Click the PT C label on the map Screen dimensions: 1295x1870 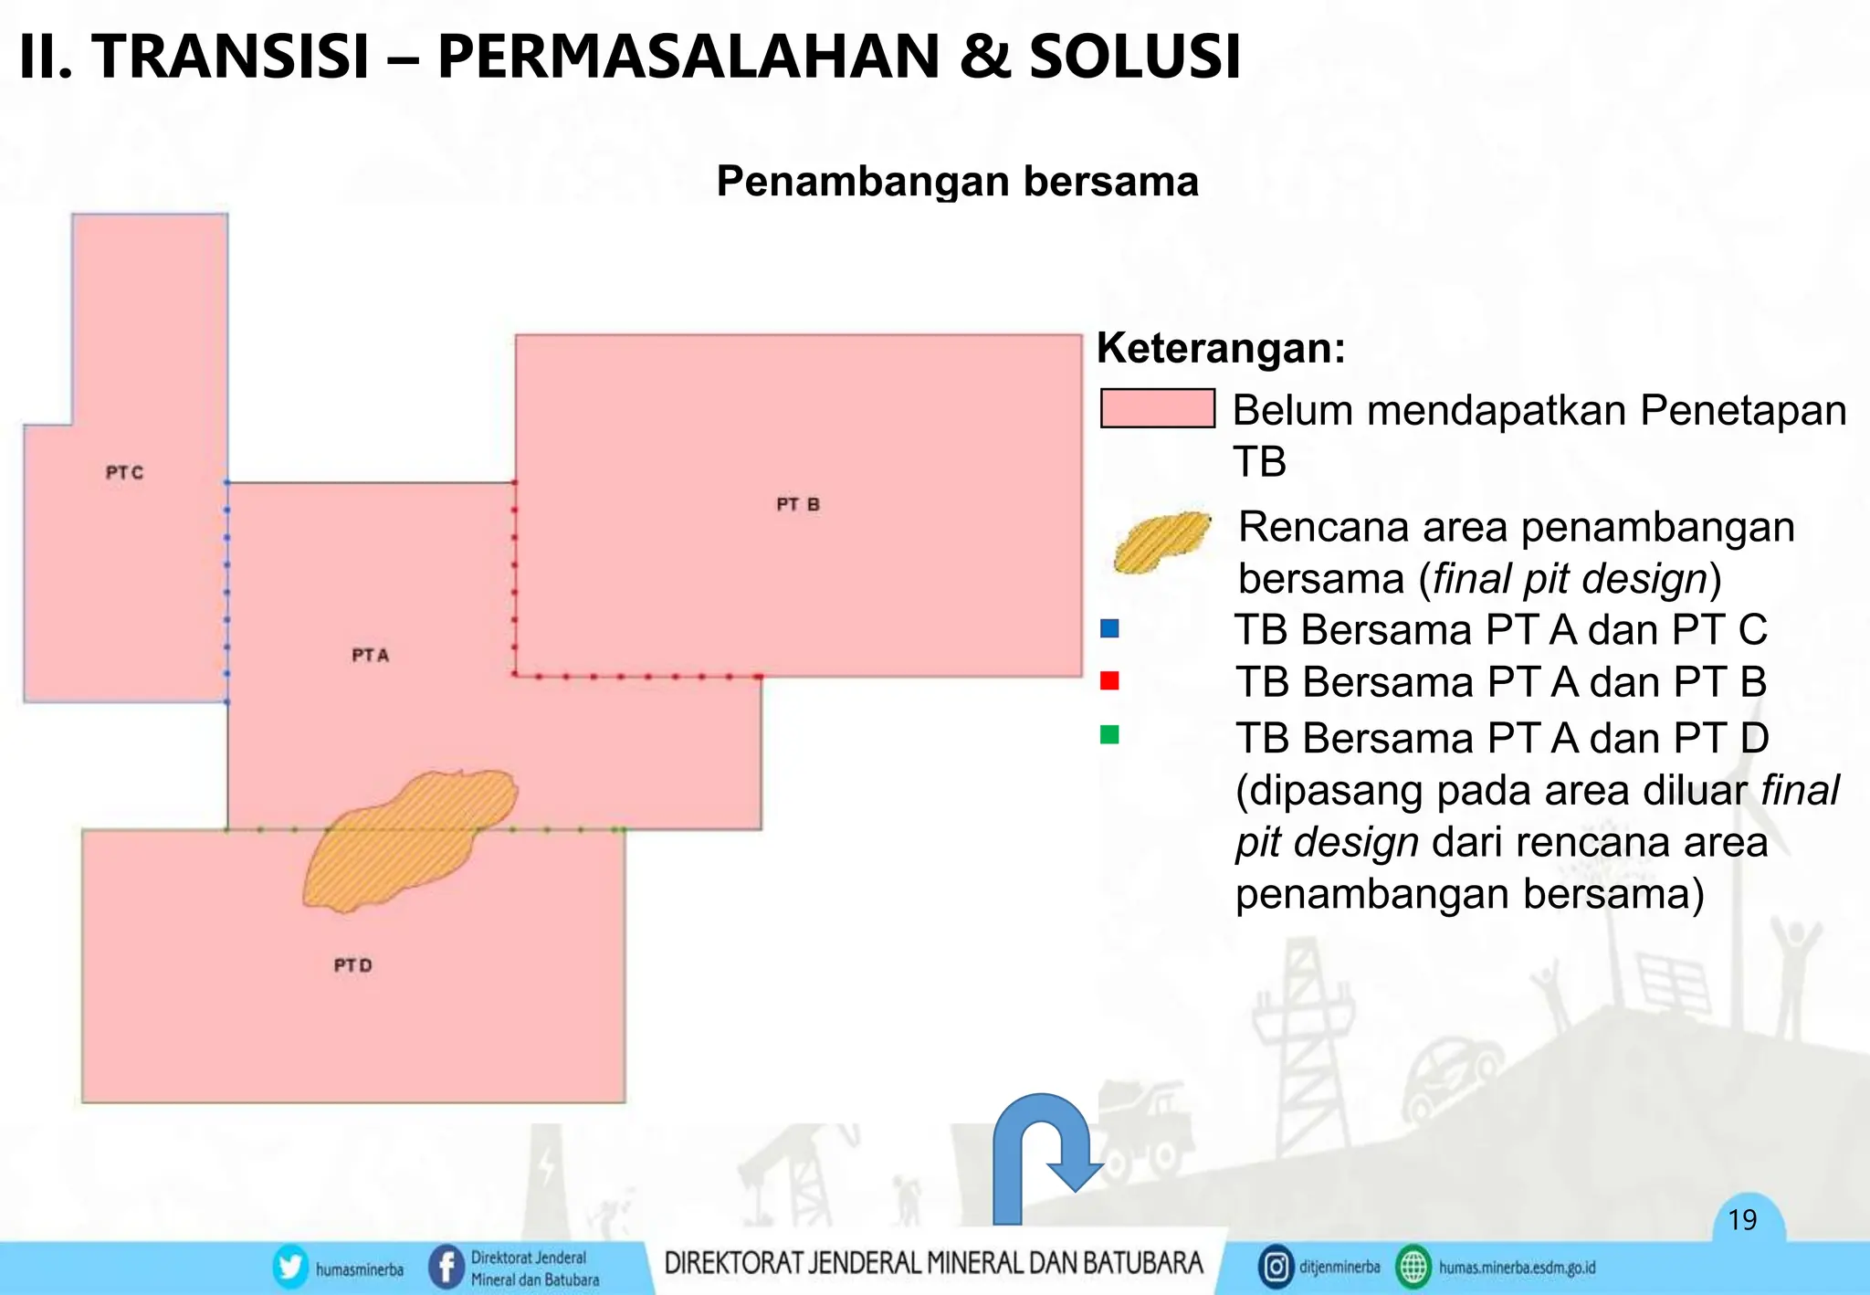(124, 472)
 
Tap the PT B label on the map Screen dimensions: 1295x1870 (798, 504)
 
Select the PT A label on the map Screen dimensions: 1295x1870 (370, 655)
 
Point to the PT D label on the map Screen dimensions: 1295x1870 (352, 965)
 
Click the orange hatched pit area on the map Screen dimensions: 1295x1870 (406, 840)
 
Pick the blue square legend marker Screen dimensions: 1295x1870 (1109, 628)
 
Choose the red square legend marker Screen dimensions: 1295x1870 (1109, 680)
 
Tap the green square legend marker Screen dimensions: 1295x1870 (1109, 734)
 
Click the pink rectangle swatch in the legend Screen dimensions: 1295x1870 (1157, 408)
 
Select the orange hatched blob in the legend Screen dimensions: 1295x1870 (1161, 542)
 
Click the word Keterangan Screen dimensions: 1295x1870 (1221, 348)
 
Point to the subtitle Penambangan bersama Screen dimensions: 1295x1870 (957, 181)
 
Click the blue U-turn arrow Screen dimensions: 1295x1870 (1041, 1156)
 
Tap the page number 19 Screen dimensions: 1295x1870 (1742, 1220)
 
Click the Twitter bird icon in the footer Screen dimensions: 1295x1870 (290, 1268)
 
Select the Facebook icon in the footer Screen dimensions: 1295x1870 (446, 1268)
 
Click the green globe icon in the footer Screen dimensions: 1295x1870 (1413, 1268)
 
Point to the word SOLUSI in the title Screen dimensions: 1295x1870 (1135, 57)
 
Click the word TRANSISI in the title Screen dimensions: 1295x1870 (230, 57)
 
